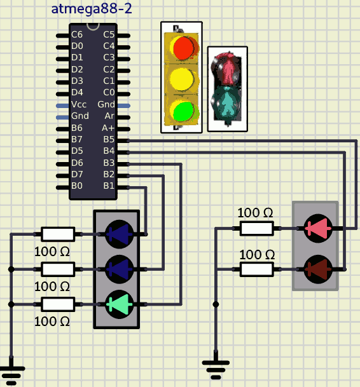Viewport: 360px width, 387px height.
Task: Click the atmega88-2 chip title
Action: [92, 9]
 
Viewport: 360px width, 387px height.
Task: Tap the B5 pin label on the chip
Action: [109, 139]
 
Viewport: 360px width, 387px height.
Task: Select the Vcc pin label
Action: [79, 104]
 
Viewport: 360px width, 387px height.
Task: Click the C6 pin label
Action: [77, 34]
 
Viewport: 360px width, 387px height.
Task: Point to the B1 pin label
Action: [109, 186]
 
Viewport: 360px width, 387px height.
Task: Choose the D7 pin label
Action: [77, 174]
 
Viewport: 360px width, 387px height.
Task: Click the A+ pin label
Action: [108, 128]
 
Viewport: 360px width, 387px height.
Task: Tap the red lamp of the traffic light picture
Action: [183, 48]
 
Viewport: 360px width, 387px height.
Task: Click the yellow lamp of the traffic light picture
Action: [182, 79]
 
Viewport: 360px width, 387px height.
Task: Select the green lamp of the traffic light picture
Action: [184, 112]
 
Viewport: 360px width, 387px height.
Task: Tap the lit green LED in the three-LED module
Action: [120, 304]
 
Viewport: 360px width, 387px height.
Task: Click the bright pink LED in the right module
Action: [318, 229]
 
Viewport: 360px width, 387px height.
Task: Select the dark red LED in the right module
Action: [318, 269]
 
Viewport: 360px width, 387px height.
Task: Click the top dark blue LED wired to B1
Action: [120, 234]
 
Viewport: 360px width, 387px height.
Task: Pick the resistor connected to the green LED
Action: [58, 304]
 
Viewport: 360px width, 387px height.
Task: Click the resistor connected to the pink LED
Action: [257, 228]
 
